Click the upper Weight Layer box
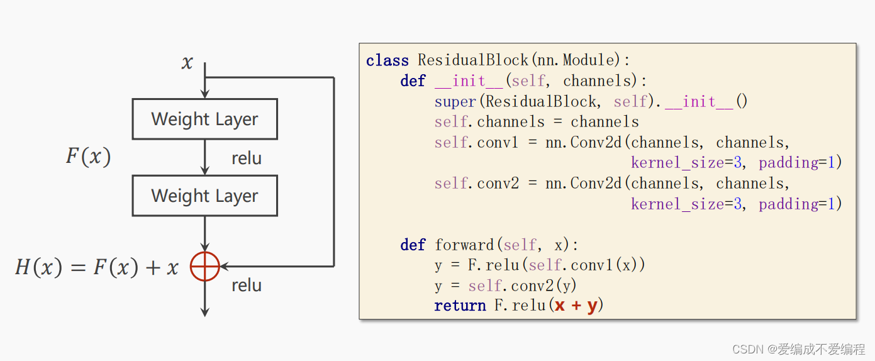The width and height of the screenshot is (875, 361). click(x=204, y=119)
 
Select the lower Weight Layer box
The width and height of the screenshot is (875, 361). click(x=204, y=196)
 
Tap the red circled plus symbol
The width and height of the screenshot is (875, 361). click(x=204, y=267)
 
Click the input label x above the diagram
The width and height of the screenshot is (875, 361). click(x=187, y=63)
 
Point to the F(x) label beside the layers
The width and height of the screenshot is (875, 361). click(x=89, y=157)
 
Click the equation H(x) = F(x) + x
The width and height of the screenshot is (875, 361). click(x=97, y=268)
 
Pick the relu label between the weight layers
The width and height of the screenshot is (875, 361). click(x=247, y=158)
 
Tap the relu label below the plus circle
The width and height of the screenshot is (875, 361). click(x=247, y=286)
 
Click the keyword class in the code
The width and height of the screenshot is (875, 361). click(x=387, y=60)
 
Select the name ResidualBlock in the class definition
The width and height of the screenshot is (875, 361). click(x=473, y=60)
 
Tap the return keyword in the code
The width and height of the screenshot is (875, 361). click(x=460, y=306)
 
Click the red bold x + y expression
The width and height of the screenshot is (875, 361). click(x=576, y=306)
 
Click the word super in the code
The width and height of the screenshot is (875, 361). click(x=455, y=101)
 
